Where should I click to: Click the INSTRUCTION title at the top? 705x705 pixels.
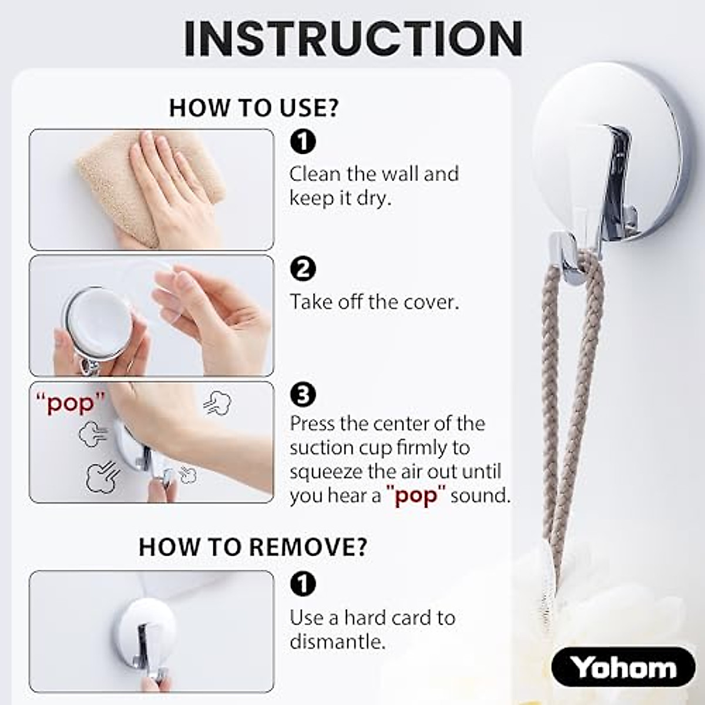click(353, 38)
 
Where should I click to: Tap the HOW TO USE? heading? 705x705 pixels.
click(254, 108)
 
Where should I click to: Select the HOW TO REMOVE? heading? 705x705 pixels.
click(253, 546)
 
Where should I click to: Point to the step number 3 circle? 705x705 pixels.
click(303, 395)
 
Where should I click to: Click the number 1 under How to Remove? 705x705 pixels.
click(303, 583)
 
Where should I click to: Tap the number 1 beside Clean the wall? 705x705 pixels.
click(303, 142)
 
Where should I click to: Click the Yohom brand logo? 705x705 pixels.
click(623, 667)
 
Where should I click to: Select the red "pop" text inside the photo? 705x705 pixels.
click(70, 404)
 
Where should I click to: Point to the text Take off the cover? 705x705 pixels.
click(374, 302)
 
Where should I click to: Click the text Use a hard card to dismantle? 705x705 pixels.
click(372, 629)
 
